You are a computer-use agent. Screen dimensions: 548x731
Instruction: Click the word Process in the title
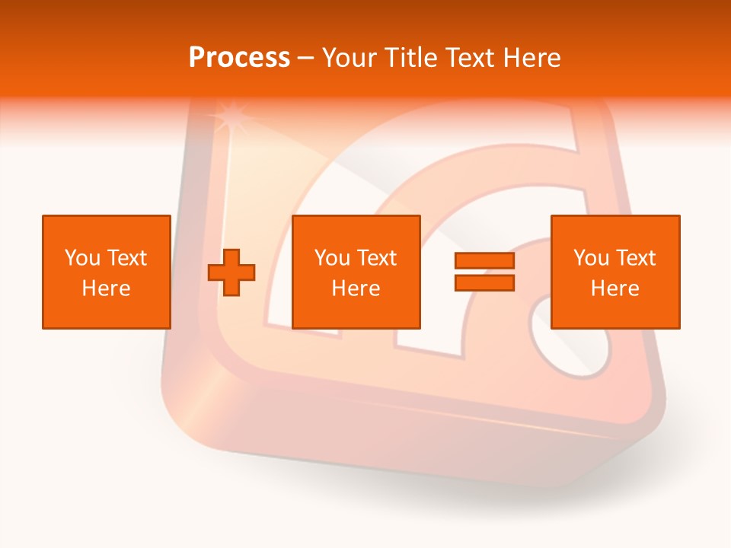[239, 57]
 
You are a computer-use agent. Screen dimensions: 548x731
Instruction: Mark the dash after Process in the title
[305, 59]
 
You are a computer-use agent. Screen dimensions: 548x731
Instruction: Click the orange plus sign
[231, 272]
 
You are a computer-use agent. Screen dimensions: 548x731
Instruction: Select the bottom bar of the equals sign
[484, 282]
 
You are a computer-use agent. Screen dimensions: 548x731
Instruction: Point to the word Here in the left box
[106, 288]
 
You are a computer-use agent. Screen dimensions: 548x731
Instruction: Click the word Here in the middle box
[356, 288]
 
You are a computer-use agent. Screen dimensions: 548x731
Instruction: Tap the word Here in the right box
[614, 288]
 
